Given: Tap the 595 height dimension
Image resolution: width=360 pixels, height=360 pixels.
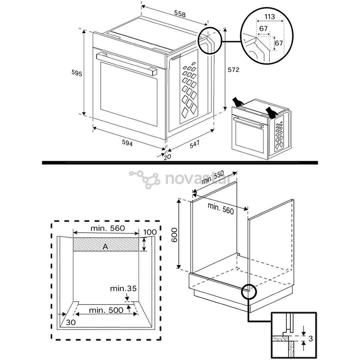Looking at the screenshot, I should click(77, 73).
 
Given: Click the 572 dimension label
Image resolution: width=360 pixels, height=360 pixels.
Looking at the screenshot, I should click(233, 70).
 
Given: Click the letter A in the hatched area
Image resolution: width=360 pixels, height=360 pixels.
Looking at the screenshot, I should click(105, 246).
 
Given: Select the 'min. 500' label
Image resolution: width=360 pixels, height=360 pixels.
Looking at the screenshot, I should click(106, 310).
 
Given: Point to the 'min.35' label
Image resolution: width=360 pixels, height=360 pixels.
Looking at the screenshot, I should click(123, 289).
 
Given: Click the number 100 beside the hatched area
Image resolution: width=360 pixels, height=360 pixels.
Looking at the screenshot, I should click(150, 232).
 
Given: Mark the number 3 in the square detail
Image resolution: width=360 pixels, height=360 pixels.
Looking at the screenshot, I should click(310, 339).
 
